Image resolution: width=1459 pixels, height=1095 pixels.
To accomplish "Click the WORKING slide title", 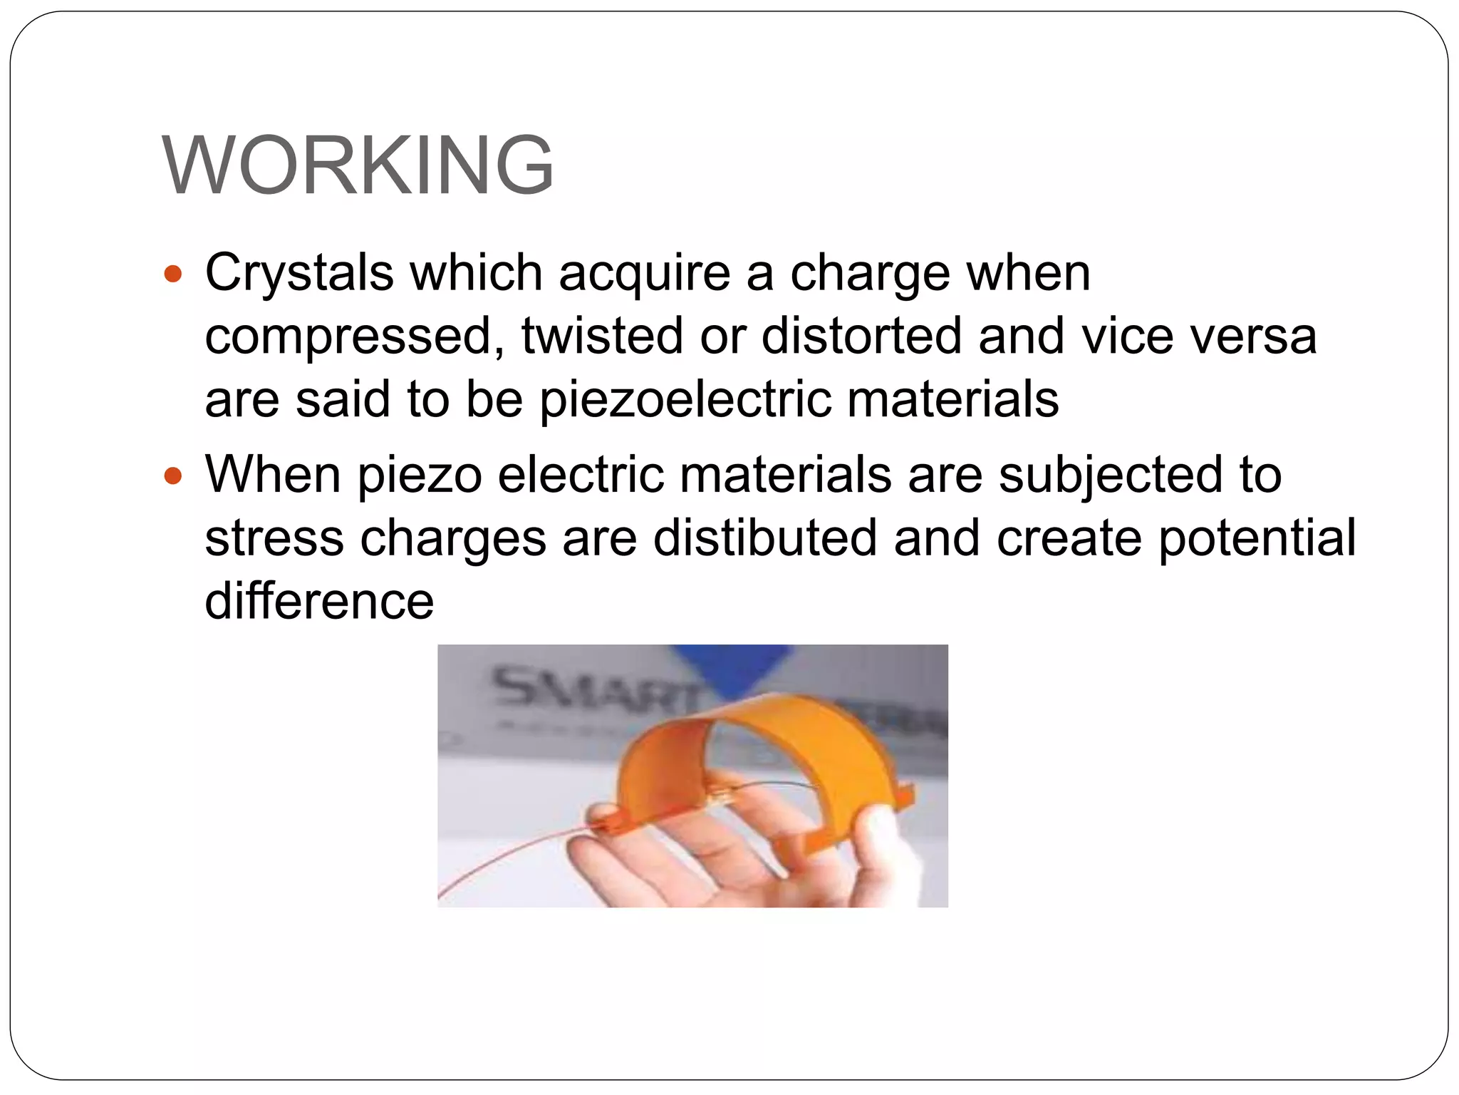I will pos(358,165).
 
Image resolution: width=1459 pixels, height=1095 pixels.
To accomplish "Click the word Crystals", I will pos(299,273).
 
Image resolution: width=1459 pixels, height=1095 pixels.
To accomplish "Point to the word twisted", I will pos(602,336).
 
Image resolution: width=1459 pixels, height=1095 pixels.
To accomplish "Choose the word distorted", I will pos(861,336).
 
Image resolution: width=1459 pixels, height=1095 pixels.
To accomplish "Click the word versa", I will pos(1255,336).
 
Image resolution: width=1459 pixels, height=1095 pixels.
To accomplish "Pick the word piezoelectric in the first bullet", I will pos(685,399).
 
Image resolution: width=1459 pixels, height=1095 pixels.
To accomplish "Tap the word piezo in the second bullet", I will pos(420,476).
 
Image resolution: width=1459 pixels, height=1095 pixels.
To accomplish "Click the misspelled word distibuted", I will pos(765,538).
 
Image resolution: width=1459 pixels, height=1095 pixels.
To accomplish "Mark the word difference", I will pos(319,600).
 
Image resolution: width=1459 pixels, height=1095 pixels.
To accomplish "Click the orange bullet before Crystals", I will pos(173,273).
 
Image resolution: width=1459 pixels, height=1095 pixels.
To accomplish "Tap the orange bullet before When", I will pos(173,475).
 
